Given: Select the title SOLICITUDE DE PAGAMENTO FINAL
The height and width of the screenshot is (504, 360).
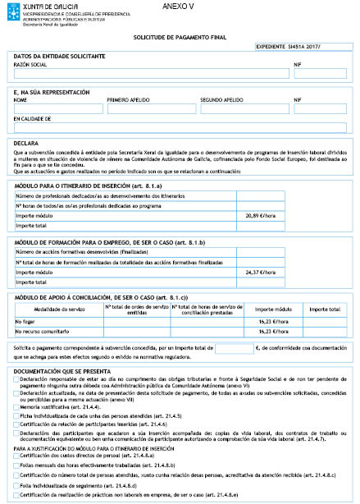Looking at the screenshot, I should coord(179,38).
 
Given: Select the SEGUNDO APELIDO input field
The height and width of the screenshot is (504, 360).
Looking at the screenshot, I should coord(244,109).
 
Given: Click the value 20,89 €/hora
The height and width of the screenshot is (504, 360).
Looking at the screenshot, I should coord(258,214).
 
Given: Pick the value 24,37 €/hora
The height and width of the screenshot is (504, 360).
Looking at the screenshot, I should coord(258,271).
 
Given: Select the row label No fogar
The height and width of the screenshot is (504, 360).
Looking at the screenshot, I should coord(26,322).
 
